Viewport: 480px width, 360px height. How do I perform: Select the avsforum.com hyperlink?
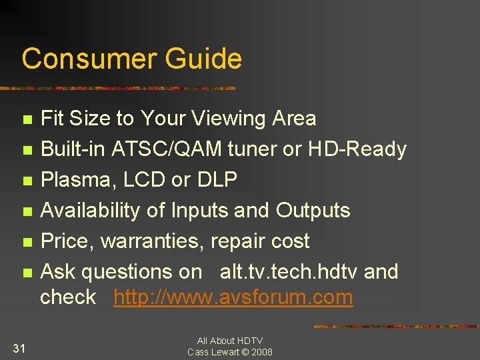click(x=233, y=297)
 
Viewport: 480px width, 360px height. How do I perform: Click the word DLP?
click(x=217, y=180)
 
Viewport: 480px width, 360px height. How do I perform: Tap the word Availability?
click(x=85, y=210)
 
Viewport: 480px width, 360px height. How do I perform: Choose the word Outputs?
click(x=313, y=210)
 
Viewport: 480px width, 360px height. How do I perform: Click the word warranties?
click(x=153, y=241)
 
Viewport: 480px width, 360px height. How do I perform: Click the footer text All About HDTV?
click(x=229, y=341)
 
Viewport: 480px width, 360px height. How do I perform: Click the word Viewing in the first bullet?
click(x=229, y=119)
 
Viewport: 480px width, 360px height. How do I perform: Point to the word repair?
click(x=237, y=241)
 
